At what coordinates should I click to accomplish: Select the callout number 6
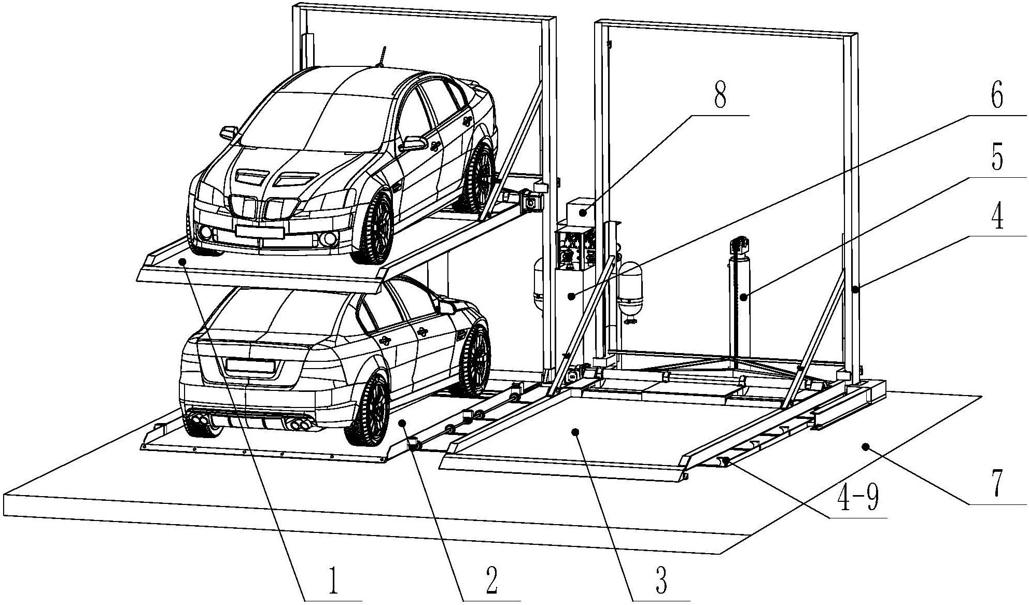996,94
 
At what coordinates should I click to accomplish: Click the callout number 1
333,581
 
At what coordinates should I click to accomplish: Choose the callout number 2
491,581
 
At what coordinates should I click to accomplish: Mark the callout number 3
661,581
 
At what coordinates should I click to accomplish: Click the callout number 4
996,217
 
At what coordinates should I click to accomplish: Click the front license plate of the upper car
259,231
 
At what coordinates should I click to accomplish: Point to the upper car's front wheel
373,227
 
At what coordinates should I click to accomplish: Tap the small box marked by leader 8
582,212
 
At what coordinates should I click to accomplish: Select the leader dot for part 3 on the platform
574,431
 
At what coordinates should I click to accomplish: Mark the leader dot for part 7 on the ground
865,446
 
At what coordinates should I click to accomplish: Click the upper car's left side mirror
228,133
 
